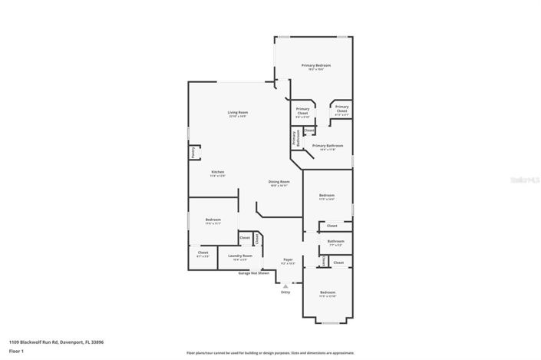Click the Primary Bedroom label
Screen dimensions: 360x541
(x=315, y=66)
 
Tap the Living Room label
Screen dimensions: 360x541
(x=237, y=113)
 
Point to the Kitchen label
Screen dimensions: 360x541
(x=217, y=172)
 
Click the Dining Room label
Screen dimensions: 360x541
(x=278, y=182)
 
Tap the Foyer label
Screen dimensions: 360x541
(x=288, y=260)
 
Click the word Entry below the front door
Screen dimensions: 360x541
(x=285, y=292)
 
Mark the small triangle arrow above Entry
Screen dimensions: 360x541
(x=285, y=285)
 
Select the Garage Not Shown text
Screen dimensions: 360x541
(x=253, y=272)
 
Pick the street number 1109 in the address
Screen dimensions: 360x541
(x=15, y=342)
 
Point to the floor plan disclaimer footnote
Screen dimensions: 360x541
(x=270, y=353)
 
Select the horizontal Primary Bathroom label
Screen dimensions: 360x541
(x=327, y=145)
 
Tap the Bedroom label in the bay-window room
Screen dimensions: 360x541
(x=328, y=292)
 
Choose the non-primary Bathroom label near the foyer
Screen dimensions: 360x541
(x=335, y=241)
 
